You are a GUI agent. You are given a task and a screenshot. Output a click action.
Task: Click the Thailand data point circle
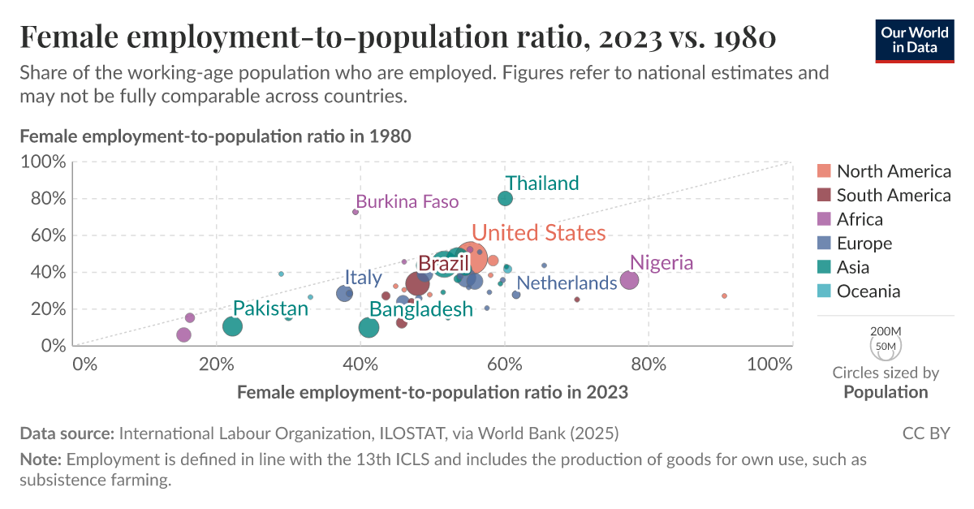(x=505, y=198)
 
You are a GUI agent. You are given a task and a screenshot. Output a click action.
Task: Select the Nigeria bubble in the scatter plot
(x=629, y=280)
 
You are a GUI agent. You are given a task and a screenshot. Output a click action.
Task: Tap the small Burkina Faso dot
(x=356, y=212)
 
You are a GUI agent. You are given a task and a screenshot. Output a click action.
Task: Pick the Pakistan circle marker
(x=232, y=326)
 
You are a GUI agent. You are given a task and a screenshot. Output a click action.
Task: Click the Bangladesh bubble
(x=368, y=327)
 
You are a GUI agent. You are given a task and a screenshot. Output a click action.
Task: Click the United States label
(x=538, y=233)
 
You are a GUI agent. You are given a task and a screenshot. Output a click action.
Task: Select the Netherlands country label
(x=567, y=283)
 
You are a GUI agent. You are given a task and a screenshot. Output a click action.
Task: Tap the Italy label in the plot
(x=363, y=277)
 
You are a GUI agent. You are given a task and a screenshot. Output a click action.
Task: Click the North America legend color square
(x=824, y=171)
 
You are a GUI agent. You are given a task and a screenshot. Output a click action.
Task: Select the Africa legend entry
(x=859, y=219)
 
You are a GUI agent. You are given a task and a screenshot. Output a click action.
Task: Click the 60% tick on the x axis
(x=504, y=364)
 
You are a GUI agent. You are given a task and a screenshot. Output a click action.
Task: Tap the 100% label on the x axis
(x=768, y=364)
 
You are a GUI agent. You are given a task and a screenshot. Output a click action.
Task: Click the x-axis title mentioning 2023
(x=432, y=392)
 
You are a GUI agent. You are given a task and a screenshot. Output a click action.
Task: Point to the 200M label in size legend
(x=886, y=332)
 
